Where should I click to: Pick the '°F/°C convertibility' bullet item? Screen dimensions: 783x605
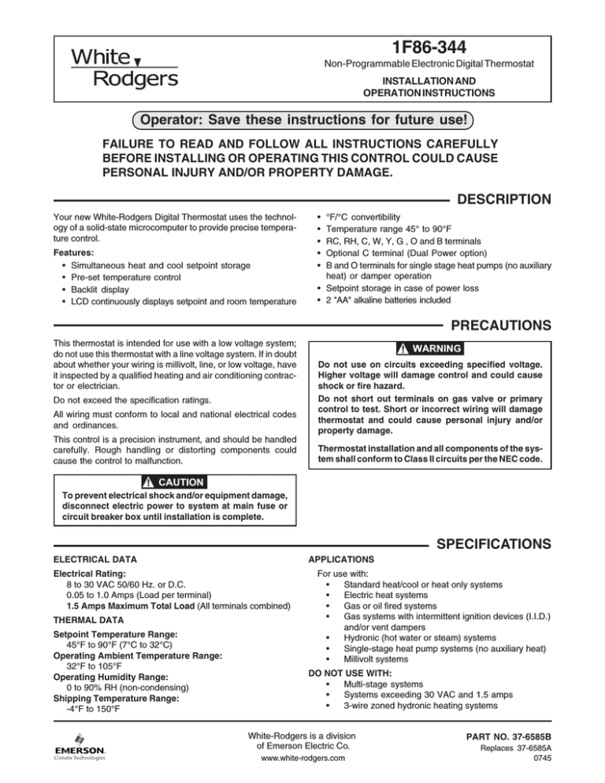(x=367, y=216)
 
